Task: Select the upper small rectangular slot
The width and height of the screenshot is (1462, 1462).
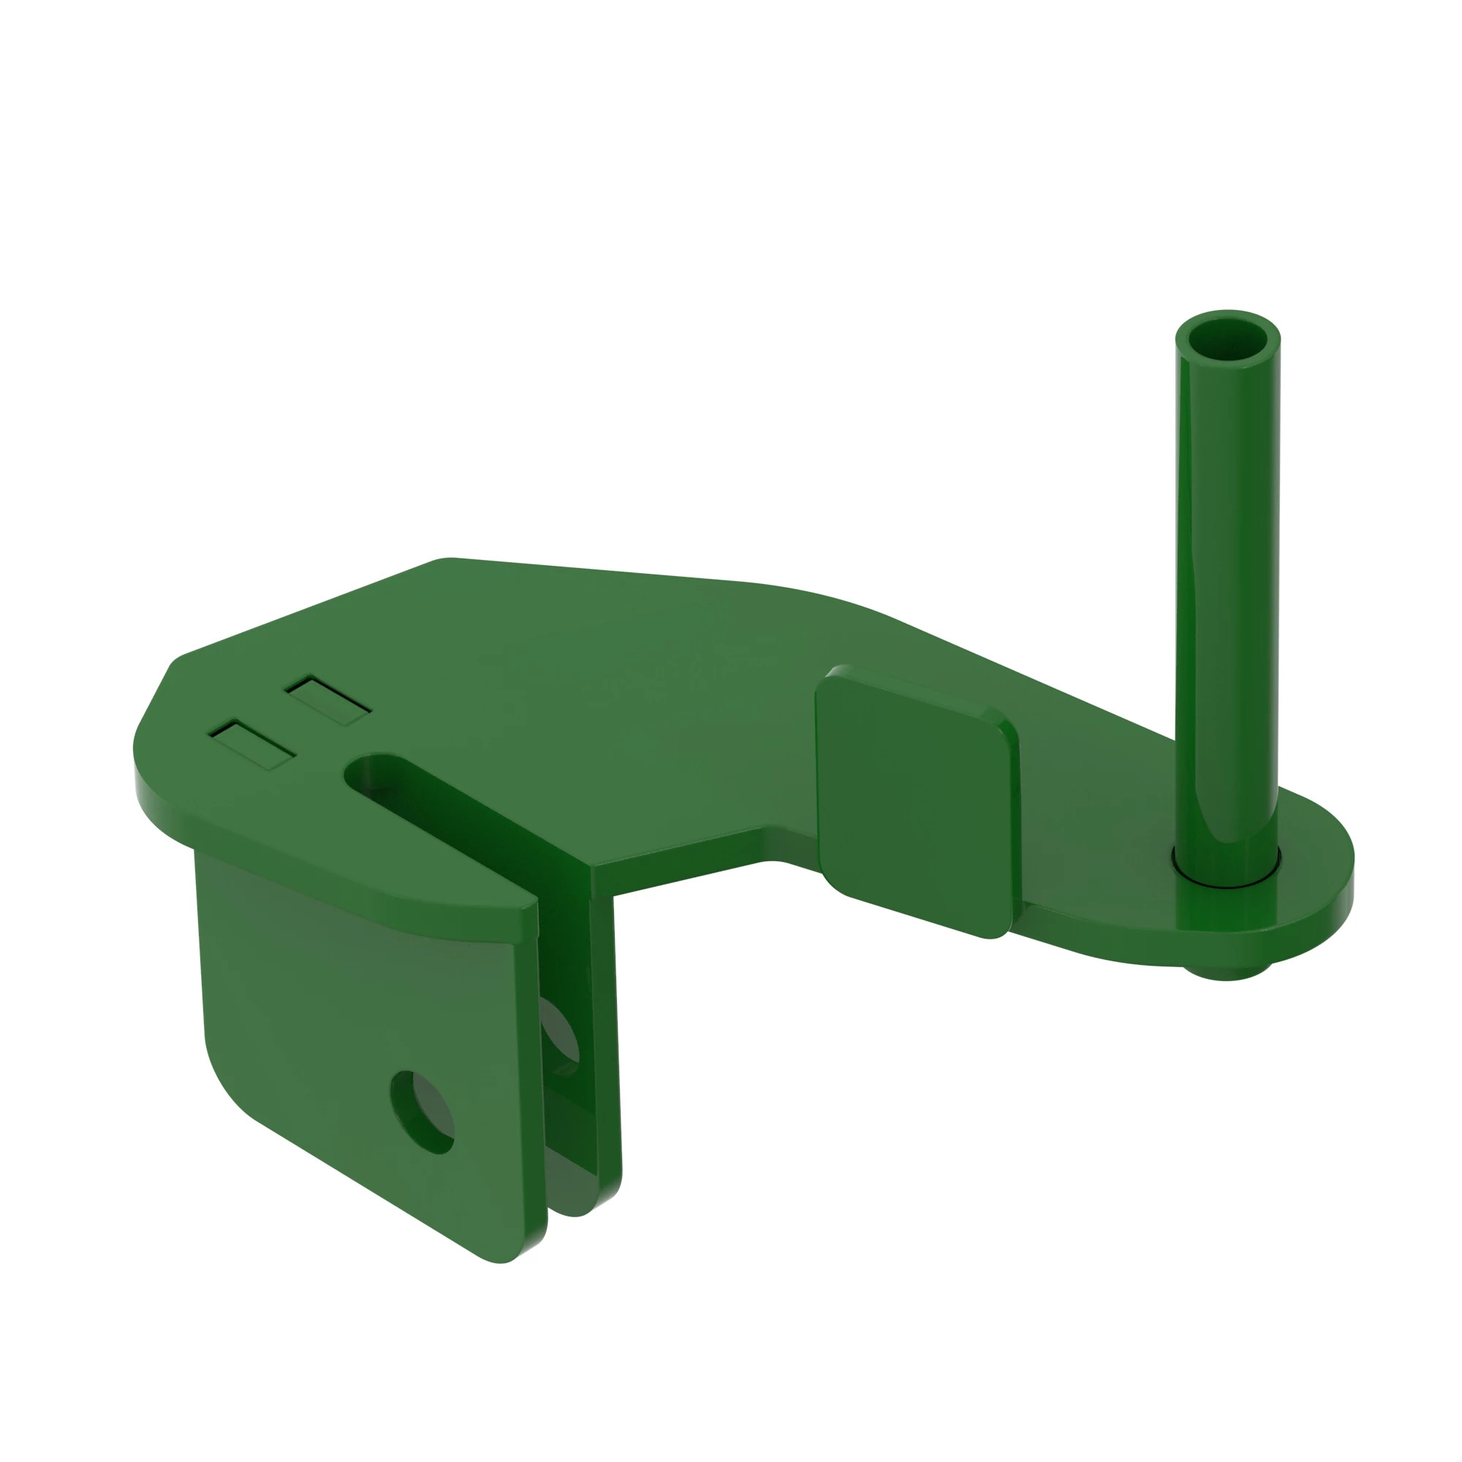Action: pos(327,701)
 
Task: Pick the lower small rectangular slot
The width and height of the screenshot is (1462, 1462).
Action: pos(252,745)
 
